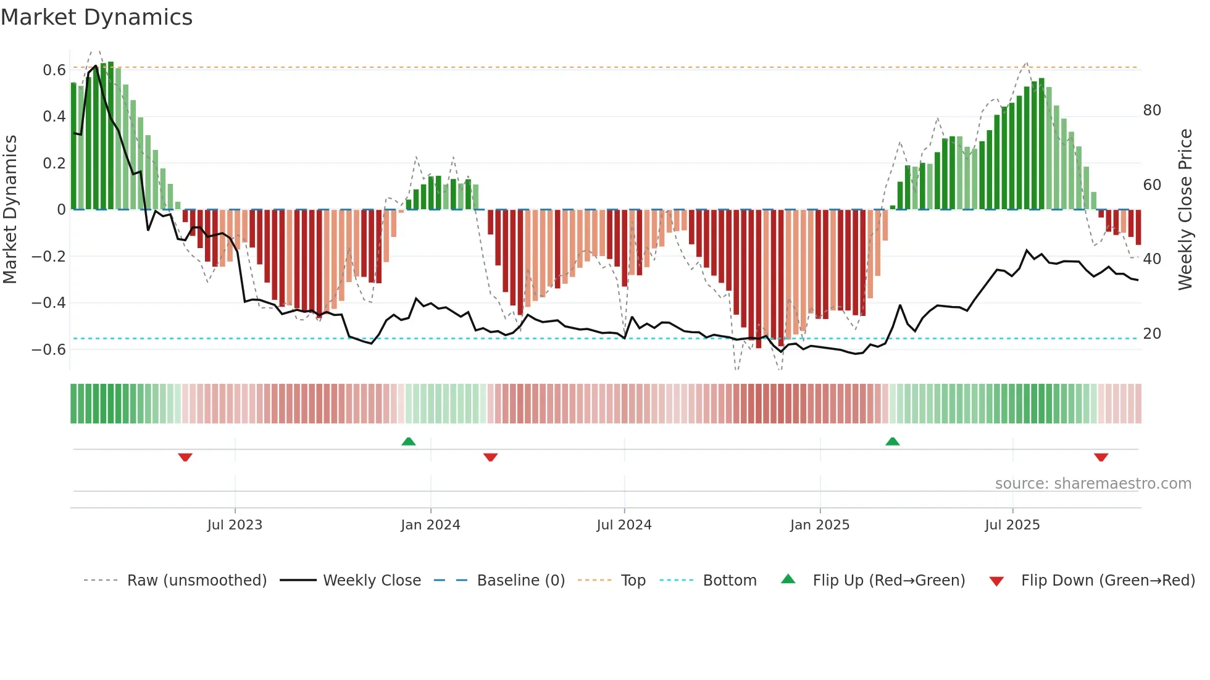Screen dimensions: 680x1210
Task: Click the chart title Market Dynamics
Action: tap(97, 17)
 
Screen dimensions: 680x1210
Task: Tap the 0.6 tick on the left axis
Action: tap(54, 70)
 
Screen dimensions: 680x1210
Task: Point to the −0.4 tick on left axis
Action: tap(49, 303)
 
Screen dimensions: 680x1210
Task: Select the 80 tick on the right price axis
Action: tap(1152, 110)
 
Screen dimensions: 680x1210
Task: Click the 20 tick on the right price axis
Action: tap(1152, 334)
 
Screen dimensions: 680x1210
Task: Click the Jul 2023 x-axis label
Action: tap(235, 525)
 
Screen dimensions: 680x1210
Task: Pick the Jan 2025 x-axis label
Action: tap(820, 525)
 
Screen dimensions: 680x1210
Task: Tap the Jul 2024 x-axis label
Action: tap(624, 525)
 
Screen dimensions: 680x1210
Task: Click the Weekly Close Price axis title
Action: tap(1185, 210)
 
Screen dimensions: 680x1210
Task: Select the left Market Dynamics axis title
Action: tap(10, 210)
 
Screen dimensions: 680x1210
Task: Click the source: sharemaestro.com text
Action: tap(1093, 484)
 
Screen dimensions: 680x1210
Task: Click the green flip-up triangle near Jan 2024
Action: tap(409, 441)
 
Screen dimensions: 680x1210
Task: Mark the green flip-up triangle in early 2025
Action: tap(893, 441)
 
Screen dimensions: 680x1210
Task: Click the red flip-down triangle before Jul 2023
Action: tap(185, 457)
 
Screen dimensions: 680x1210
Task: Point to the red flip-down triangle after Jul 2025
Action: tap(1101, 457)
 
